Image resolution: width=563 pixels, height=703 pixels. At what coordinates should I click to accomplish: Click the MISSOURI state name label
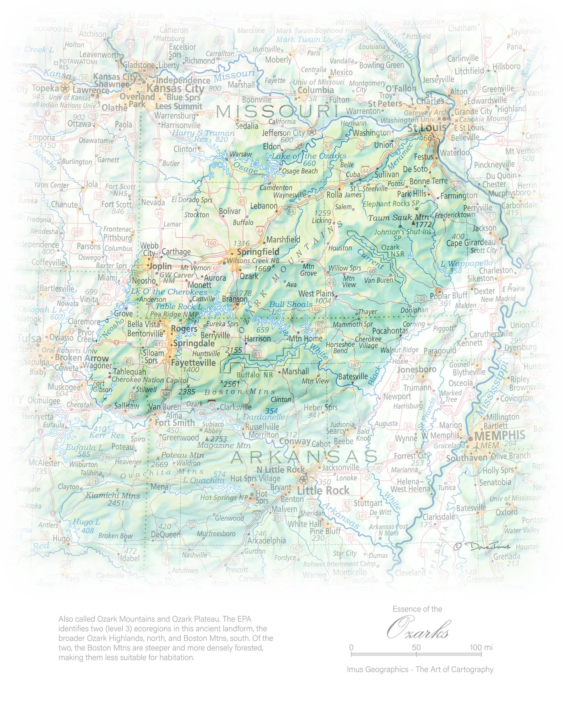point(277,112)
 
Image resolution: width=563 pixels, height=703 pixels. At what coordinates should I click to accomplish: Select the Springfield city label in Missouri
point(258,251)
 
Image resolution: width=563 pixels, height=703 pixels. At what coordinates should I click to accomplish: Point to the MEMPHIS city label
point(499,435)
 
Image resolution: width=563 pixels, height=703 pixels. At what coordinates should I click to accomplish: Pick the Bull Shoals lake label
point(291,304)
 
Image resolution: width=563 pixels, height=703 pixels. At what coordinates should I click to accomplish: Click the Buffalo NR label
point(255,375)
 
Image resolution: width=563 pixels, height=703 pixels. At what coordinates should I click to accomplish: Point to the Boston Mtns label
point(240,392)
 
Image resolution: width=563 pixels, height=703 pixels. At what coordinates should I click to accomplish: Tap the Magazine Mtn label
point(224,445)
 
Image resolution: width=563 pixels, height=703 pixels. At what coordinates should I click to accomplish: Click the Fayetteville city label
point(193,362)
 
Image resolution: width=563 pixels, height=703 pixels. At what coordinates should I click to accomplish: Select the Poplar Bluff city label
point(448,296)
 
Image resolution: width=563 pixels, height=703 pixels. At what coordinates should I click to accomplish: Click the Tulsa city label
point(29,338)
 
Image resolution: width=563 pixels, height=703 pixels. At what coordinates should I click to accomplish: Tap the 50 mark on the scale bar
point(416,647)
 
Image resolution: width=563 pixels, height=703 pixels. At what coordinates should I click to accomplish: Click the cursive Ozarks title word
point(418,629)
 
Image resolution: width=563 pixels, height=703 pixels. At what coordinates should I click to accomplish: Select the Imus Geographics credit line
point(420,669)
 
